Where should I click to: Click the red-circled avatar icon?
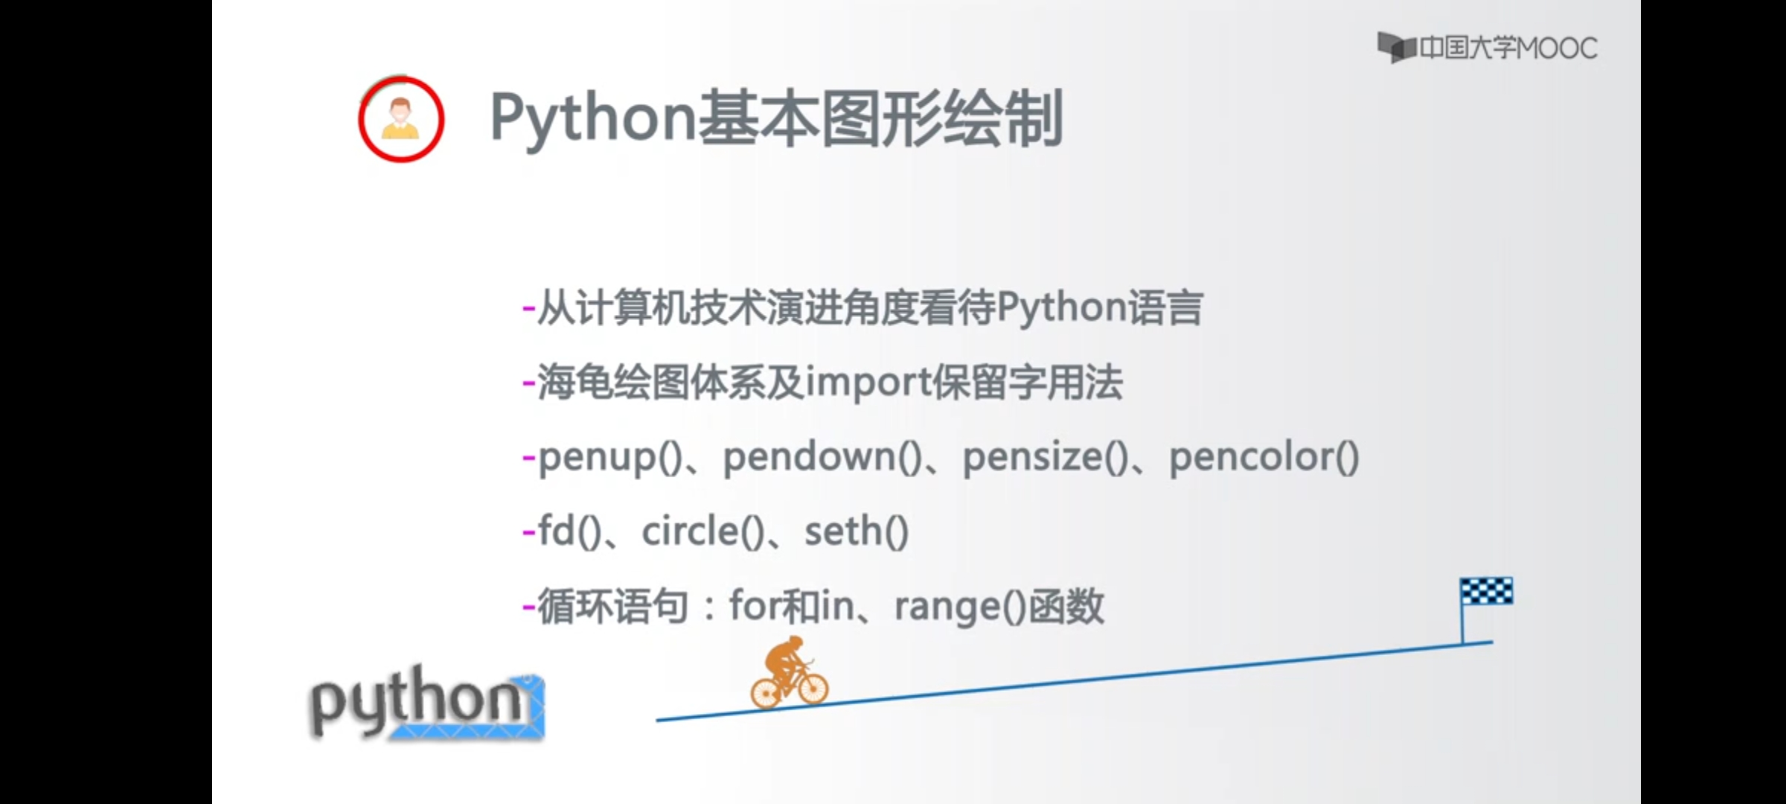click(x=401, y=119)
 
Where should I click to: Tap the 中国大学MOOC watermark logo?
click(x=1487, y=48)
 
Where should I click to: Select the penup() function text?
click(x=609, y=457)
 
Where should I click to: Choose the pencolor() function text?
click(x=1264, y=457)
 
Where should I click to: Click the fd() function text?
click(x=569, y=532)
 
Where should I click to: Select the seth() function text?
click(x=856, y=532)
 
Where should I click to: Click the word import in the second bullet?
click(x=868, y=383)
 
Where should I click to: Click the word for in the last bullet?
click(x=753, y=606)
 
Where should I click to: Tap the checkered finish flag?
click(x=1486, y=591)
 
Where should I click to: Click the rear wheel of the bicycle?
click(x=766, y=692)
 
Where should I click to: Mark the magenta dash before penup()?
click(x=529, y=457)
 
